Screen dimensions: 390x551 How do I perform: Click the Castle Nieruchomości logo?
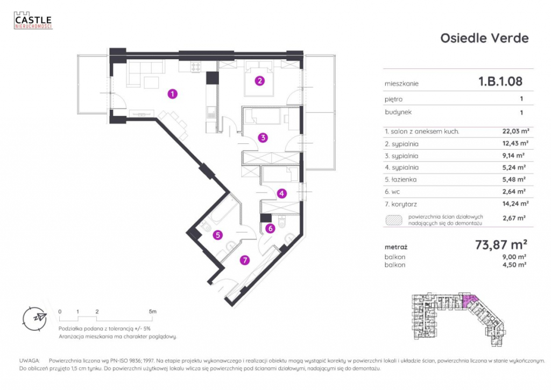33,20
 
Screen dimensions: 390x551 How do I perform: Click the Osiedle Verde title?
484,38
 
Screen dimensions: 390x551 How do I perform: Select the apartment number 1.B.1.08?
500,82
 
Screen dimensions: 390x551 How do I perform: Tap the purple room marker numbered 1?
172,94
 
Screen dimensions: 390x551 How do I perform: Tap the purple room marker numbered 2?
260,81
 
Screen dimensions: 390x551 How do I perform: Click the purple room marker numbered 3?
262,137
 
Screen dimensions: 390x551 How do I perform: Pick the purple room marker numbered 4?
281,193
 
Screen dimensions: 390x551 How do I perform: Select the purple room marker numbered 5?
217,235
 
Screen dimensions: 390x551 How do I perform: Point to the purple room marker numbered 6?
271,228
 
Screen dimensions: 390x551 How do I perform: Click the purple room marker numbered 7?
245,261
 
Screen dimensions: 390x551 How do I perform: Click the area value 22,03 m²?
514,131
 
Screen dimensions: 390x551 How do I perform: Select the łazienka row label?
398,179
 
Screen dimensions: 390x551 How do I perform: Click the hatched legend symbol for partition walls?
393,219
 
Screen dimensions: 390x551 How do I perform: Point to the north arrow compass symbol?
35,317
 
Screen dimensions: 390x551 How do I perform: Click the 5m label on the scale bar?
153,311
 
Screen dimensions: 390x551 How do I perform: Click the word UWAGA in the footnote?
29,360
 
